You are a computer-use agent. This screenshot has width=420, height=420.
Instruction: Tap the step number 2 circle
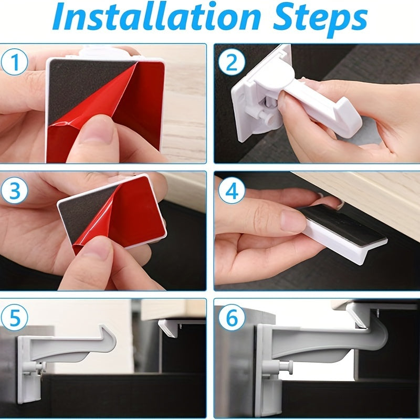point(231,63)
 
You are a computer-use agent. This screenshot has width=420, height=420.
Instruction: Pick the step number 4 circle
point(231,192)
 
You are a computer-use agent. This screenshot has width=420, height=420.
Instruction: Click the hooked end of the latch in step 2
point(346,118)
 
